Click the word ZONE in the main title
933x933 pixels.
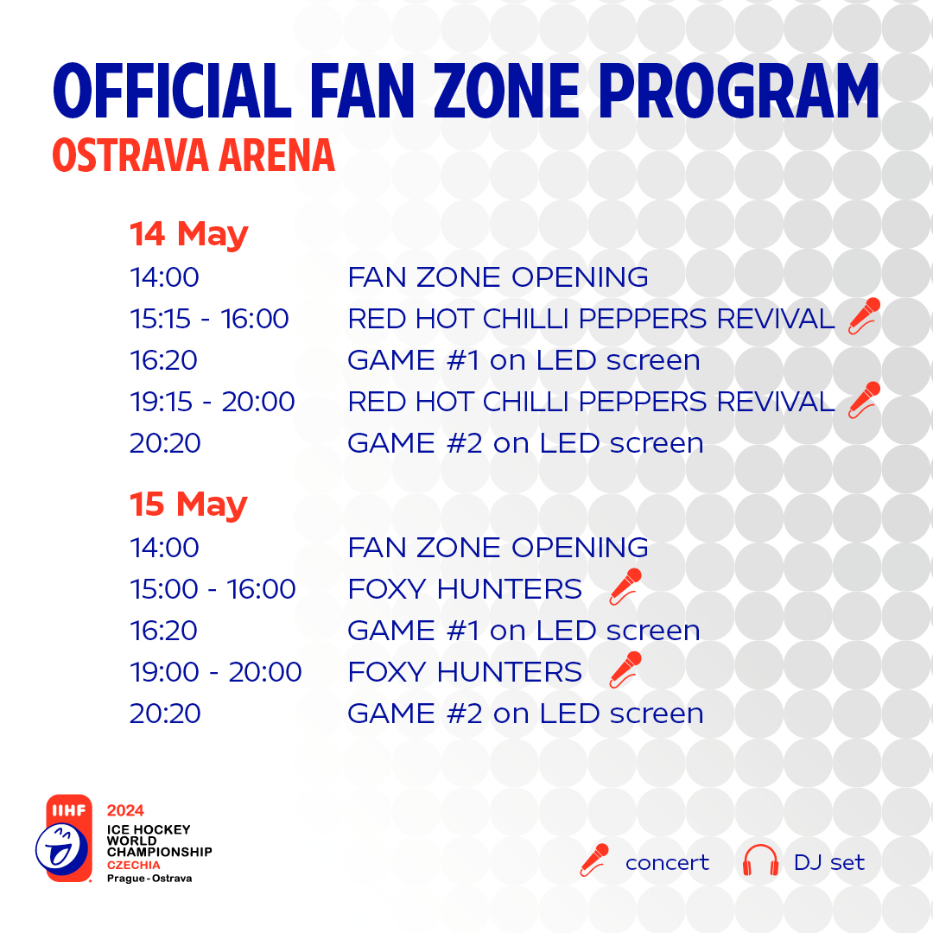pos(506,91)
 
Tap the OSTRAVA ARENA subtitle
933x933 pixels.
pos(194,155)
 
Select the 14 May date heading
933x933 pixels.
pos(188,233)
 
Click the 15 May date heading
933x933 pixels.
pos(188,504)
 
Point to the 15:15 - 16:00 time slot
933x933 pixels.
pos(209,319)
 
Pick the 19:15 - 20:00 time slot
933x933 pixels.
pos(213,402)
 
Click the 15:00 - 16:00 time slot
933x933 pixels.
pos(213,589)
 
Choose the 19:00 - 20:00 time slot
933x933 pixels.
pos(216,672)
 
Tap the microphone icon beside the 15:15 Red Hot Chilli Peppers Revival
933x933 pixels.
pos(864,316)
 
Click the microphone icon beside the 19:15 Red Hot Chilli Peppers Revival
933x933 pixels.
pos(864,399)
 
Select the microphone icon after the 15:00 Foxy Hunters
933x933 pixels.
pos(626,586)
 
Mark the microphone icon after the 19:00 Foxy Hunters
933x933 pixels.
pos(626,670)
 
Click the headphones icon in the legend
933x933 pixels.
pos(760,860)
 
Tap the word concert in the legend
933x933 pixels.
pos(667,863)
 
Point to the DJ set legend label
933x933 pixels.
pos(828,862)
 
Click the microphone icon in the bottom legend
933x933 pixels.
pos(594,860)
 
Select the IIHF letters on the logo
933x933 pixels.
pos(69,810)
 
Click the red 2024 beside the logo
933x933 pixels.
pos(125,810)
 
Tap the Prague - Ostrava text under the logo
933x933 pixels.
pos(149,879)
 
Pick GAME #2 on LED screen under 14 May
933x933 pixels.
pos(525,443)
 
